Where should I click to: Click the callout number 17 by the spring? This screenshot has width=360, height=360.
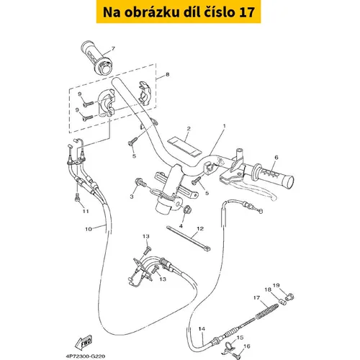[256, 297]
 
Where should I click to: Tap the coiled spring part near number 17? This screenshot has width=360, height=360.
[267, 311]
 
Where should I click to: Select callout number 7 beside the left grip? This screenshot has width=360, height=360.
[113, 49]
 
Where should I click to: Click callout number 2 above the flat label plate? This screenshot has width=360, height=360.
[189, 129]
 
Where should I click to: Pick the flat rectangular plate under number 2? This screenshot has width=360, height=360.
[184, 146]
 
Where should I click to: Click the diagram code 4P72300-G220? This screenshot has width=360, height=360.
[85, 356]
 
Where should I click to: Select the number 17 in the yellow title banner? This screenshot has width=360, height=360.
[247, 12]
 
